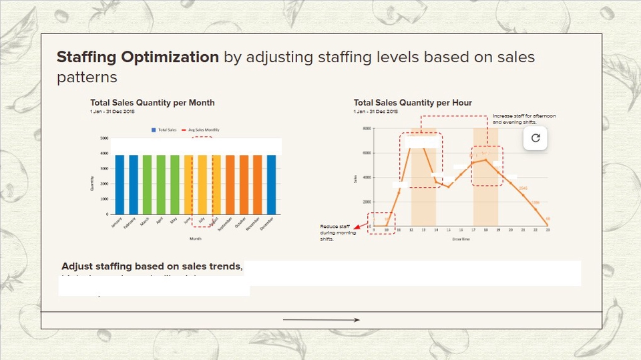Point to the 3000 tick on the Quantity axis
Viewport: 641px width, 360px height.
click(104, 168)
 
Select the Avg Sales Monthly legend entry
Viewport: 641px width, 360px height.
click(202, 130)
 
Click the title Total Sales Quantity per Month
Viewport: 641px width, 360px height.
click(152, 103)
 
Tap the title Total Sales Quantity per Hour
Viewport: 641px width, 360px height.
click(413, 103)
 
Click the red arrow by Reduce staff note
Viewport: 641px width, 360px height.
click(358, 227)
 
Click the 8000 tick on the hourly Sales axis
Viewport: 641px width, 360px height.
click(367, 128)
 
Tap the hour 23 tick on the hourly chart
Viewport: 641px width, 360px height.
click(548, 230)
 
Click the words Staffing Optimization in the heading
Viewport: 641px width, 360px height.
click(138, 57)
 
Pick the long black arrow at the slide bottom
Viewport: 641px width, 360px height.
click(321, 320)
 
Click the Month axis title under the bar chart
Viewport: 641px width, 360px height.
click(196, 238)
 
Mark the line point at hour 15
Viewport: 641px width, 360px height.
click(449, 186)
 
